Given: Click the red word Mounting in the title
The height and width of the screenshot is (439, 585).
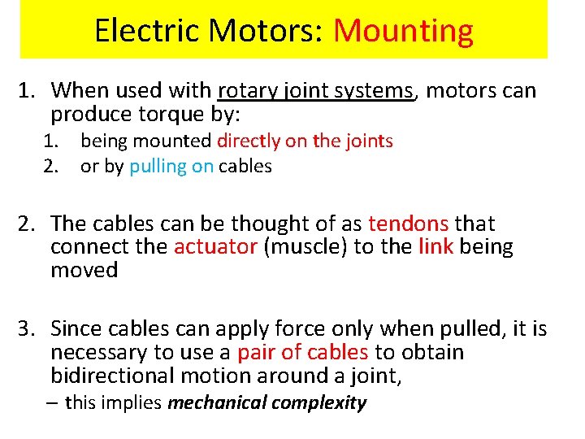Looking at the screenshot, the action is tap(403, 31).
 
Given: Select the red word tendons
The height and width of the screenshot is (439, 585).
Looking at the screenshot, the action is tap(408, 224).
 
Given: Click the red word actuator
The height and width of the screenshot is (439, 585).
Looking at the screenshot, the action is tap(215, 247).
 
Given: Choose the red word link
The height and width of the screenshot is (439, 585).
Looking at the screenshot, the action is tap(435, 247).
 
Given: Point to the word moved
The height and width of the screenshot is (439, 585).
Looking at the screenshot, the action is tap(84, 270).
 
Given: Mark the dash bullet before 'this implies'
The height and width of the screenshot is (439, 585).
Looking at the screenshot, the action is tap(55, 402).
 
